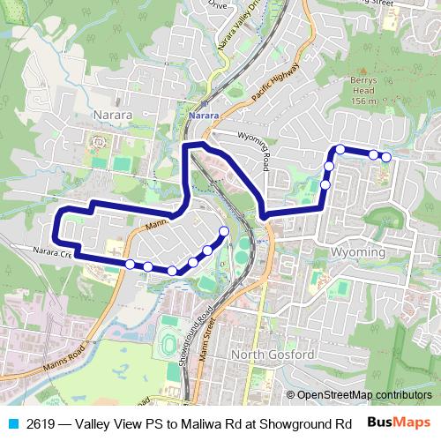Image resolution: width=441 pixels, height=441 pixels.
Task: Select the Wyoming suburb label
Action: pyautogui.click(x=358, y=252)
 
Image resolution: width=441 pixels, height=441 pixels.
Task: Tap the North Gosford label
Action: pyautogui.click(x=272, y=355)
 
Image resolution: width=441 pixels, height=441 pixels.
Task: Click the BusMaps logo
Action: pyautogui.click(x=403, y=422)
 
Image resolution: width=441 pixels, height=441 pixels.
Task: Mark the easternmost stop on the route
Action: pyautogui.click(x=385, y=157)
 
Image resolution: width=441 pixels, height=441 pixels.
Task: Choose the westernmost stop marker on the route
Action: pyautogui.click(x=130, y=264)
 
